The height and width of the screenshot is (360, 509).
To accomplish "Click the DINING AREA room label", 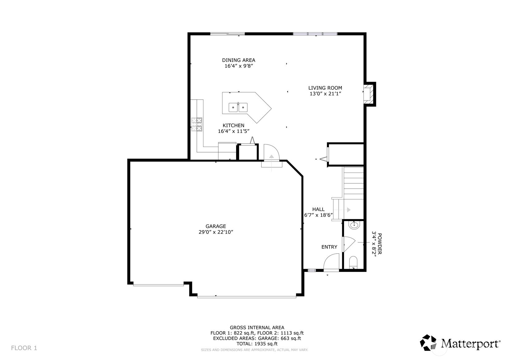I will (x=239, y=60).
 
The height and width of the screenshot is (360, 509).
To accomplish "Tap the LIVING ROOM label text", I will (x=325, y=88).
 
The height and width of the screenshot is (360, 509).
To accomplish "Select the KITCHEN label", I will (x=233, y=126).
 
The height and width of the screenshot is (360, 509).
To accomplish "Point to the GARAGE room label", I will (x=216, y=226).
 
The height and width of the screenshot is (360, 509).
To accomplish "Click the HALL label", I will (x=318, y=209).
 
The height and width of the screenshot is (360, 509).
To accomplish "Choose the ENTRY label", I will (x=329, y=247).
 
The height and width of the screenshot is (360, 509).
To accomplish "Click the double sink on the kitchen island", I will (x=238, y=107).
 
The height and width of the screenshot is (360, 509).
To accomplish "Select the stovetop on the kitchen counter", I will (x=197, y=124).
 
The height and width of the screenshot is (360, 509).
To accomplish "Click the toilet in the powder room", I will (x=353, y=263).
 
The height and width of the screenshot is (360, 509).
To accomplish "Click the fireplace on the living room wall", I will (x=369, y=94).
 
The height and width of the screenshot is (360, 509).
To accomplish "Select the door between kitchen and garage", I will (x=272, y=153).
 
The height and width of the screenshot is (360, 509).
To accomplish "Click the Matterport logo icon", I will (x=428, y=342).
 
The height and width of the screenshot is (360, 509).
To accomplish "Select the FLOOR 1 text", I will (x=24, y=348).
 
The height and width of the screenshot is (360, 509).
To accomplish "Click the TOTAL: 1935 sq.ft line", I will (x=257, y=344).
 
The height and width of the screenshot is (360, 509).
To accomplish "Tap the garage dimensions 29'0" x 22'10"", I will (x=216, y=232).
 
